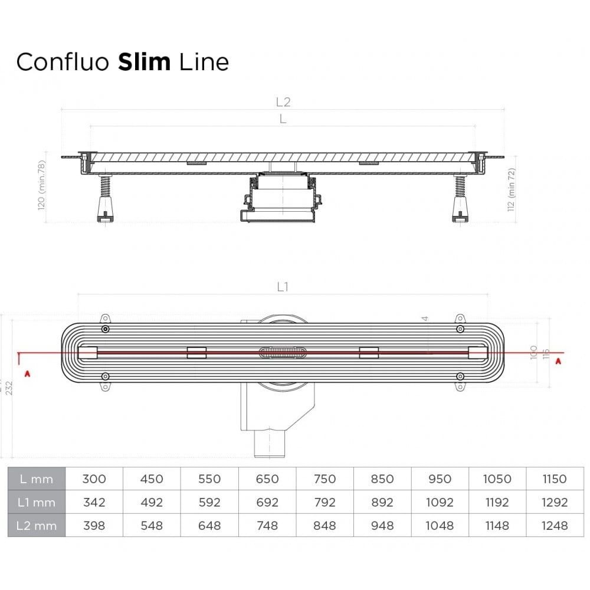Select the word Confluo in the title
pyautogui.click(x=64, y=61)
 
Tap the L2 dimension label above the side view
pyautogui.click(x=283, y=101)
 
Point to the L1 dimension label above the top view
pyautogui.click(x=283, y=287)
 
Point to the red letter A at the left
pyautogui.click(x=26, y=373)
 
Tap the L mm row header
pyautogui.click(x=36, y=479)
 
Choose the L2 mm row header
pyautogui.click(x=36, y=525)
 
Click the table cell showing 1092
pyautogui.click(x=440, y=502)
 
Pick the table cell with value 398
pyautogui.click(x=94, y=525)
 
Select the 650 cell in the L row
pyautogui.click(x=267, y=479)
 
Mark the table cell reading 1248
pyautogui.click(x=555, y=525)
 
